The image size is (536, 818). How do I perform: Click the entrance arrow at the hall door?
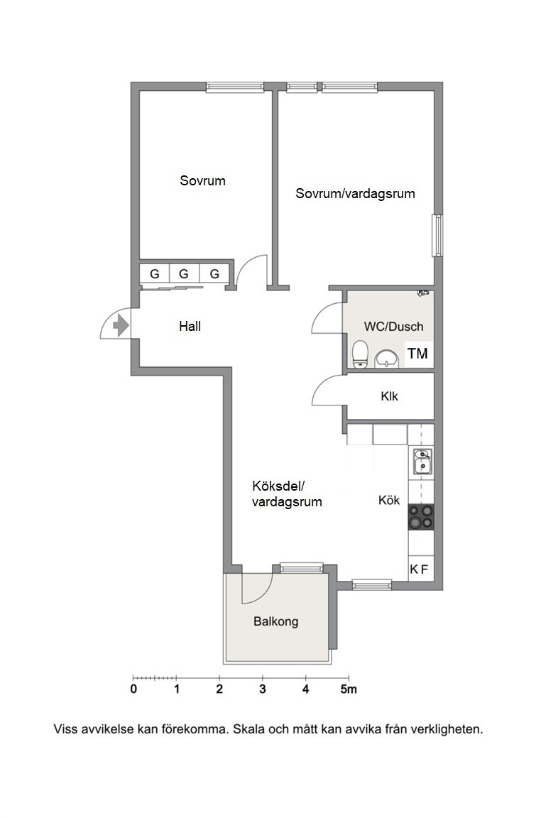[121, 325]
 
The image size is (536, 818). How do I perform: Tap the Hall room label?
[190, 327]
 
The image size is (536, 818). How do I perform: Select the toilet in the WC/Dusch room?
[360, 354]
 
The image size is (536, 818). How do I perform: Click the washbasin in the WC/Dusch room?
[386, 359]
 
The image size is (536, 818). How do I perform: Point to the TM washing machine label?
[417, 354]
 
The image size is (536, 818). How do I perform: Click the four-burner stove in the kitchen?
[421, 516]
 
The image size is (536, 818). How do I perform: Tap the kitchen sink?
[422, 461]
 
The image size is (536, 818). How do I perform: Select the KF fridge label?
[419, 569]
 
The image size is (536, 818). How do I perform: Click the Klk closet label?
[389, 396]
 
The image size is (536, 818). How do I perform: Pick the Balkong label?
[276, 622]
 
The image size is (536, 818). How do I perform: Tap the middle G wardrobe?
[184, 274]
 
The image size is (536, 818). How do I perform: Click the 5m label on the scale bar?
[349, 689]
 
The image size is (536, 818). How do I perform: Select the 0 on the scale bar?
[133, 689]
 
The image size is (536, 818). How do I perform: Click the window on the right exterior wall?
[438, 235]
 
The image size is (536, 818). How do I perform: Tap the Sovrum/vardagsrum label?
[355, 194]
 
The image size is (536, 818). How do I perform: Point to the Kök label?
[389, 501]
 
